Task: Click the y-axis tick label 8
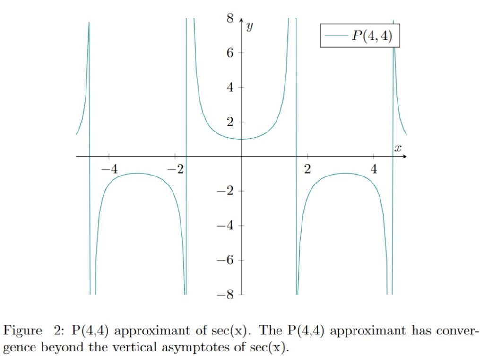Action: point(230,18)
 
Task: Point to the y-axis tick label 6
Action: point(230,53)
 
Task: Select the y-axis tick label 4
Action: point(230,88)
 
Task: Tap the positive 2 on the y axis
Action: point(230,122)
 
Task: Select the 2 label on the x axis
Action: point(308,169)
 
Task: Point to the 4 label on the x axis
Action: point(374,169)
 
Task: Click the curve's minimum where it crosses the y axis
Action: point(242,139)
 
